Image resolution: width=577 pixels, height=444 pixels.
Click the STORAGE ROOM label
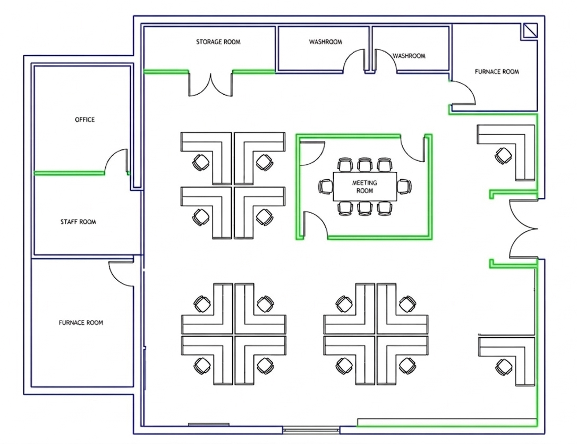click(x=218, y=42)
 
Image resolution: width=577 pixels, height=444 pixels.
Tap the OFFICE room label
click(x=85, y=120)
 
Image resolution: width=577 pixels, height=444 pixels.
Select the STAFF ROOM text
click(x=78, y=222)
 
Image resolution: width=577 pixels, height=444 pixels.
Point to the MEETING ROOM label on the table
click(x=364, y=187)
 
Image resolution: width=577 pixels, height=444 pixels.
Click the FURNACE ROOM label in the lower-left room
click(x=81, y=323)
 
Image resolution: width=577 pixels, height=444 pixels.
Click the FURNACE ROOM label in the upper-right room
click(x=497, y=72)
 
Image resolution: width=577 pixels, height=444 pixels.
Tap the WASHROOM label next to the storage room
click(x=326, y=42)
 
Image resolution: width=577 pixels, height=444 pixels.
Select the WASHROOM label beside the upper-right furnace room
click(x=409, y=56)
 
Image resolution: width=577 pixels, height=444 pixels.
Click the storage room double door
click(x=211, y=85)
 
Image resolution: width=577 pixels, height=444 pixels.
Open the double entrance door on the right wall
click(x=523, y=229)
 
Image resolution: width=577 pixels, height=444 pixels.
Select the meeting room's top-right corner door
click(x=412, y=147)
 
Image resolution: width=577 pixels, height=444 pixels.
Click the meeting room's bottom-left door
click(x=315, y=223)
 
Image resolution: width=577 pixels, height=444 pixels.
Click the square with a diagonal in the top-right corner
click(x=529, y=31)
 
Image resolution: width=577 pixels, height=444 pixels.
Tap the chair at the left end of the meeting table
click(x=325, y=187)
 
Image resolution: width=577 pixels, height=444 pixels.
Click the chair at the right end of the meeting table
click(x=404, y=187)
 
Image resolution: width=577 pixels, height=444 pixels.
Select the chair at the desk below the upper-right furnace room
click(x=502, y=156)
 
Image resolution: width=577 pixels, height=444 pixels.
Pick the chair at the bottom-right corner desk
click(x=503, y=366)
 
